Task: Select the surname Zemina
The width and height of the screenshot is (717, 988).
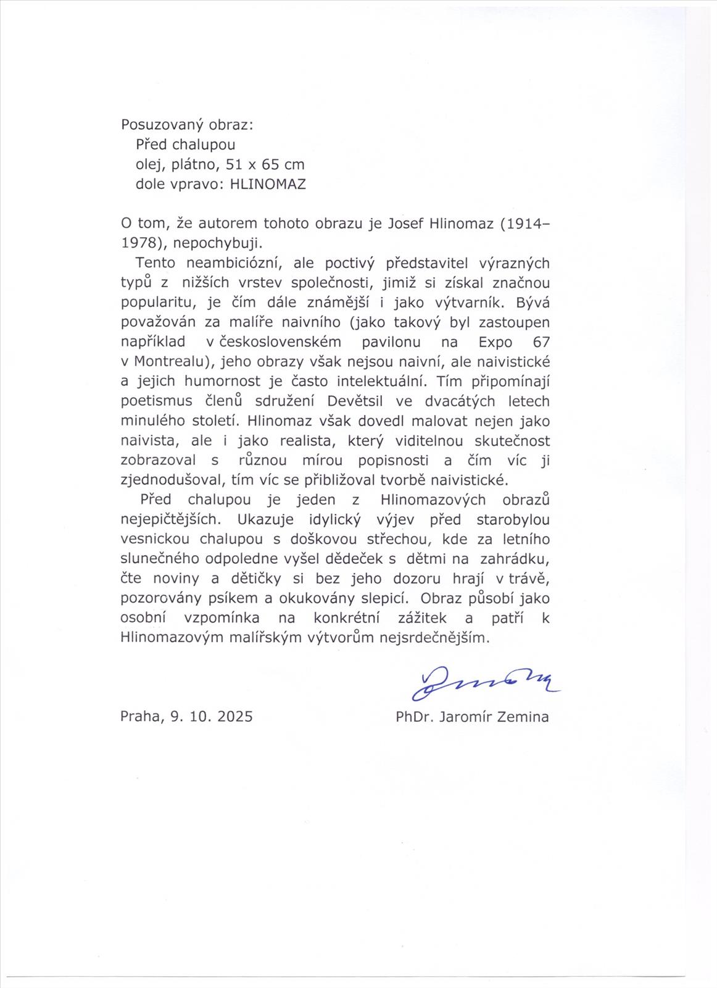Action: (x=523, y=716)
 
